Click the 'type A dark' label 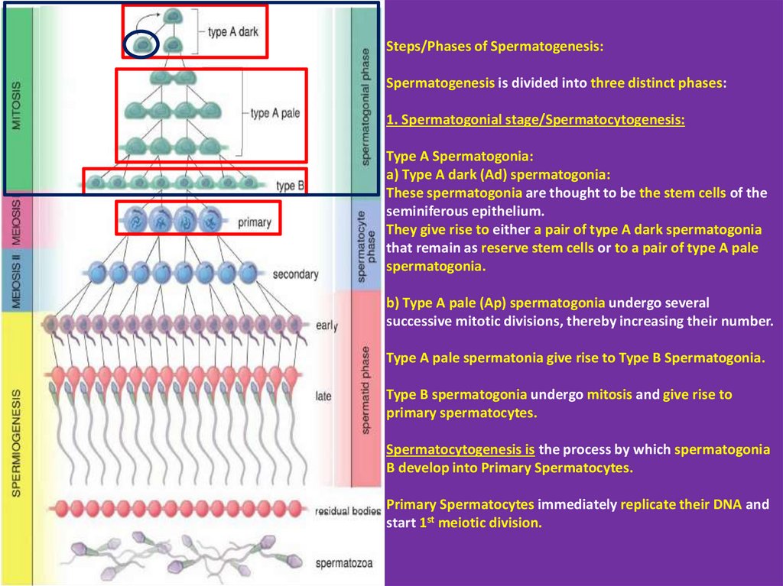point(233,34)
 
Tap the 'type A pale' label point(275,113)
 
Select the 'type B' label point(291,185)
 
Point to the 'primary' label point(255,223)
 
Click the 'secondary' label point(294,274)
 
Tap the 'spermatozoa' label point(344,564)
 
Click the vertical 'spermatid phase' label point(365,390)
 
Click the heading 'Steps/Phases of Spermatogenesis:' point(494,47)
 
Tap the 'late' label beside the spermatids point(323,397)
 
